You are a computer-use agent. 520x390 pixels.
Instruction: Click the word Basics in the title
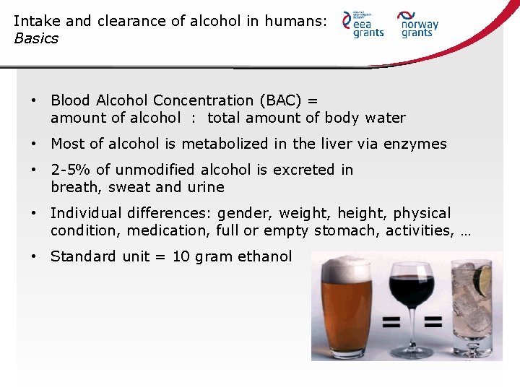point(36,38)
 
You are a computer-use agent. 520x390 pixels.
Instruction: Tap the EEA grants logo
point(363,25)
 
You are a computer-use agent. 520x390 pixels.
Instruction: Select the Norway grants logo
point(418,24)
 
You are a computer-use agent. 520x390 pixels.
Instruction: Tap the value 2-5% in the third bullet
point(71,170)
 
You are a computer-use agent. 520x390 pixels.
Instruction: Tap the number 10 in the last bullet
point(181,256)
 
